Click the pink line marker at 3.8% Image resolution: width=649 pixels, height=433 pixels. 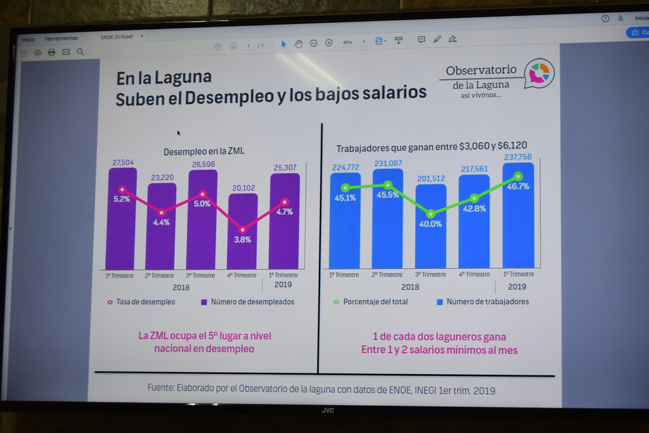coord(243,229)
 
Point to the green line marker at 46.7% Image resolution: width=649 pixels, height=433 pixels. coord(518,176)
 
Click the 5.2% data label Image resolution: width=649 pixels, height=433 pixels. coord(122,199)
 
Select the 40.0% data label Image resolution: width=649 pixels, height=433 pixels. coord(431,224)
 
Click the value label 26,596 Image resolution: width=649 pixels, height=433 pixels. coord(202,164)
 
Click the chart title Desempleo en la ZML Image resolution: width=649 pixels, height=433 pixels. coord(203,152)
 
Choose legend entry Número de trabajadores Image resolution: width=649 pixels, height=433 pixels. coord(487,302)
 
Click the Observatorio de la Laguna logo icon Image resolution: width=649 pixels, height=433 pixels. coord(540,73)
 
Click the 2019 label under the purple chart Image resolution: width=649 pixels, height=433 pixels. coord(283,285)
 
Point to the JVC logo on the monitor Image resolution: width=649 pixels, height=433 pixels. coord(327,410)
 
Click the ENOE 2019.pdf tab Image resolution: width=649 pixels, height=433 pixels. coord(117,37)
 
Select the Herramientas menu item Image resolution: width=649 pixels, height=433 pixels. coord(61,39)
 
